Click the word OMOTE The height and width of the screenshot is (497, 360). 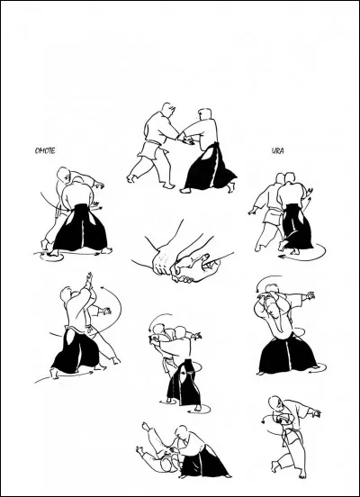[45, 151]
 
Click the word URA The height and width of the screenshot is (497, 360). [277, 151]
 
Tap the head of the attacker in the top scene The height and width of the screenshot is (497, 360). [167, 109]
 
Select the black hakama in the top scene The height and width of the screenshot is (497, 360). [210, 168]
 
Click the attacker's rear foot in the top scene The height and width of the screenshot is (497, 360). [130, 178]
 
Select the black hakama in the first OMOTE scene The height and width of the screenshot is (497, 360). [80, 228]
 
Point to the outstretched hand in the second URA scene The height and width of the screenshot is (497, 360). [310, 295]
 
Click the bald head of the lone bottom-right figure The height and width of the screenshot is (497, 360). [274, 402]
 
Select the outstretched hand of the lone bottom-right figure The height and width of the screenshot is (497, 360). [316, 412]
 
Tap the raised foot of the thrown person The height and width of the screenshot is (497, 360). [146, 426]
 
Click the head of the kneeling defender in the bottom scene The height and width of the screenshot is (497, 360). [181, 431]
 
